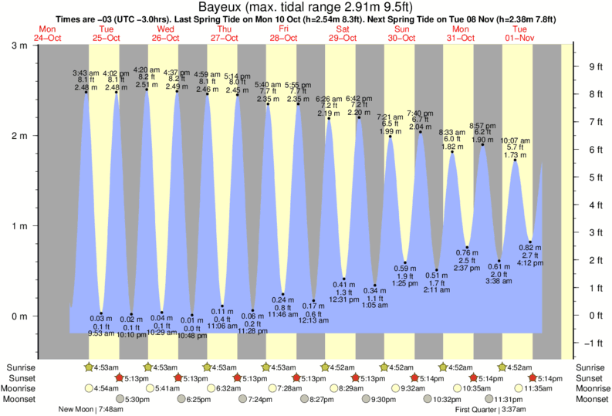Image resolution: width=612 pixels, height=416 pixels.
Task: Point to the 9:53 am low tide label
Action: [101, 333]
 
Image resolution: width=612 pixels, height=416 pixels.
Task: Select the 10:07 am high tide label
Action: [515, 140]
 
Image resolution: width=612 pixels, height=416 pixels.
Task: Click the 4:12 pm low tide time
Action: [532, 262]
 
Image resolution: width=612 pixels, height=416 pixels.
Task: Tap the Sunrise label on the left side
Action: [21, 367]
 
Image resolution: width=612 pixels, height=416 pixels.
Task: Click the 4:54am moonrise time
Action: [107, 388]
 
